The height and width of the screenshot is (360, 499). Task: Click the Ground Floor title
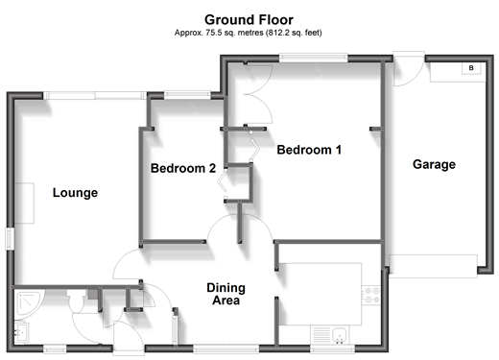tap(249, 20)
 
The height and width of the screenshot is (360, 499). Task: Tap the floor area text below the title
tap(248, 33)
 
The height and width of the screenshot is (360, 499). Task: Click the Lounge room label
tap(75, 193)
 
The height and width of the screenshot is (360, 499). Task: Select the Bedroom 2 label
tap(183, 168)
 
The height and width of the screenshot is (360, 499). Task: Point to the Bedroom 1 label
tap(309, 150)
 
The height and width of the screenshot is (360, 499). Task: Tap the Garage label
tap(434, 164)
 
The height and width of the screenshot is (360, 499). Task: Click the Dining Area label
tap(226, 294)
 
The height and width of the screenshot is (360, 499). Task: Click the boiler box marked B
tap(471, 68)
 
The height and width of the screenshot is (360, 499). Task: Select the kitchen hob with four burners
tap(371, 295)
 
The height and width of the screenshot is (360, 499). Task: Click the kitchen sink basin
tap(339, 335)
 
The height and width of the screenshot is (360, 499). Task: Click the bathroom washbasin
tap(22, 332)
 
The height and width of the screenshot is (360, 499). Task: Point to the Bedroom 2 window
tap(187, 94)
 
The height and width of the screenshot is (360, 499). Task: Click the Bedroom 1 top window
tap(314, 58)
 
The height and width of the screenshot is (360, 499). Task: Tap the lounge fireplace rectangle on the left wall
tap(24, 204)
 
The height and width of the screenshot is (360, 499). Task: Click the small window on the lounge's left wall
tap(10, 239)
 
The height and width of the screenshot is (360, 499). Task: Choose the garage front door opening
tap(433, 266)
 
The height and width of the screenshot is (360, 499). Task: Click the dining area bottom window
tap(226, 348)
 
